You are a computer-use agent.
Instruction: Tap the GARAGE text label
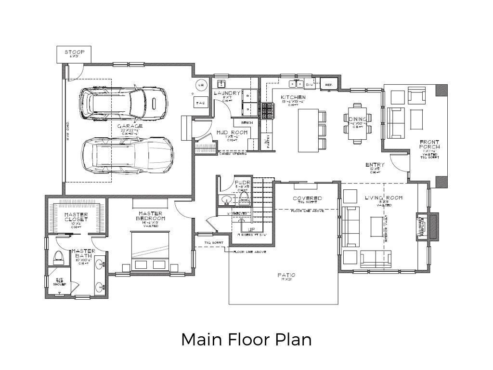click(130, 127)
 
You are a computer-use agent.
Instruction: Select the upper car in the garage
click(124, 103)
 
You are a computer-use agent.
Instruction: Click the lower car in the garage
click(127, 156)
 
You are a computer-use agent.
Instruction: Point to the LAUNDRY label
click(227, 93)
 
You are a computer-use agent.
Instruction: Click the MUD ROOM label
click(232, 132)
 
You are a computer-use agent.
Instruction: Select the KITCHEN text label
click(293, 97)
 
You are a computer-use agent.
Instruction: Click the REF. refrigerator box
click(329, 85)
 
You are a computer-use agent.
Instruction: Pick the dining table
click(357, 123)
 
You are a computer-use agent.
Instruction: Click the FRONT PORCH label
click(429, 143)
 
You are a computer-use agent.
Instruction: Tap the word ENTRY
click(375, 165)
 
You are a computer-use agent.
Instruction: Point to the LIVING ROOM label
click(383, 198)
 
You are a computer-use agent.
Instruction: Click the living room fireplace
click(427, 226)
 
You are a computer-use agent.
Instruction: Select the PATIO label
click(286, 275)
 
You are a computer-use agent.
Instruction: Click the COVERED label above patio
click(308, 198)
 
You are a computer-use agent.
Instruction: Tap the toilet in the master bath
click(57, 257)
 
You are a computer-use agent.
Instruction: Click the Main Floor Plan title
click(246, 339)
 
